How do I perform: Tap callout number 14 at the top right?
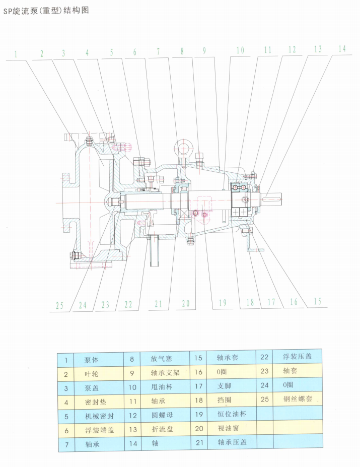point(342,49)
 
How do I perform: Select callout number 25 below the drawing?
point(60,305)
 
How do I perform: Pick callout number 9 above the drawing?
point(204,51)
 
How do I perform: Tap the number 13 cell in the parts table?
point(132,430)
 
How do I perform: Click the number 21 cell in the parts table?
point(199,442)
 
